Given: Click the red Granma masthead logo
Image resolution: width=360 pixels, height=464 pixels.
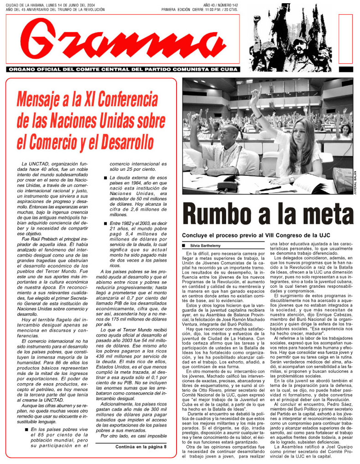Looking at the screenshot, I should (x=123, y=41).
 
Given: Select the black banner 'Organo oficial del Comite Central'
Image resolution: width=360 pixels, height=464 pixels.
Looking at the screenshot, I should (x=123, y=69).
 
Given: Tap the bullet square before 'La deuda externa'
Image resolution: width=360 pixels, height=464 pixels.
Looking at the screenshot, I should (x=105, y=179).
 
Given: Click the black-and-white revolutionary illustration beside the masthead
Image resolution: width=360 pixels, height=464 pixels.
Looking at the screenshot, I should (x=290, y=42).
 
